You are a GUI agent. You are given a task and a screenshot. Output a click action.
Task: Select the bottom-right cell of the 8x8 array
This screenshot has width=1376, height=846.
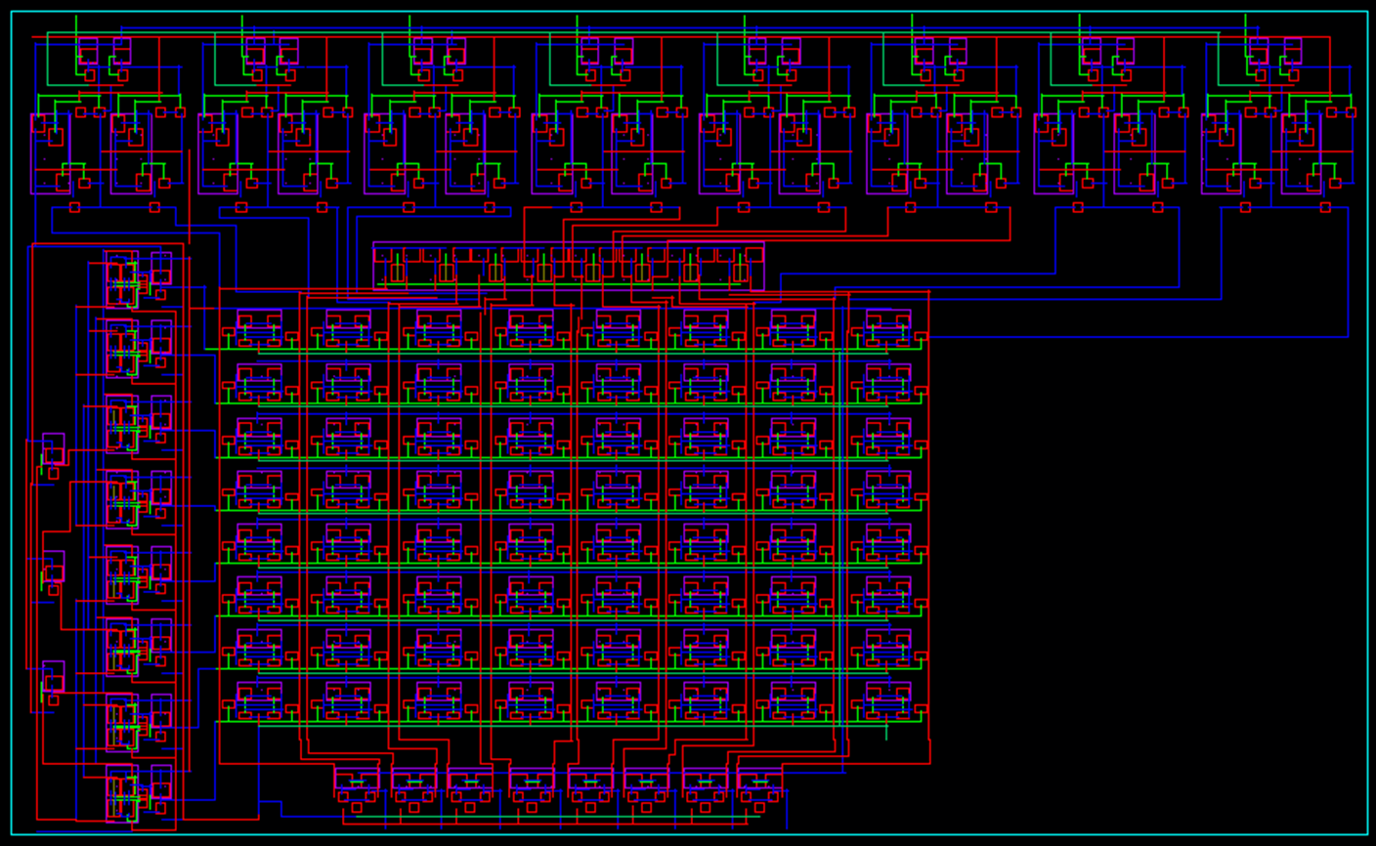coord(888,700)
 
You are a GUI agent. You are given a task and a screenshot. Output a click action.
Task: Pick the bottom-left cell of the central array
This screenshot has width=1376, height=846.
coord(259,700)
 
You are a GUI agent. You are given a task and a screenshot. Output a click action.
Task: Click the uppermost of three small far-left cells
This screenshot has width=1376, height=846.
coord(54,448)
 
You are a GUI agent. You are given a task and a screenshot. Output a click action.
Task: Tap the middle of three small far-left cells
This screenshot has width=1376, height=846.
coord(54,566)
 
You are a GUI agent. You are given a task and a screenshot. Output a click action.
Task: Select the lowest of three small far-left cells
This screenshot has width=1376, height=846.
coord(54,676)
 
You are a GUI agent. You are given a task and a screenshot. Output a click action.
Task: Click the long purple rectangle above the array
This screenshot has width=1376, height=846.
coord(568,266)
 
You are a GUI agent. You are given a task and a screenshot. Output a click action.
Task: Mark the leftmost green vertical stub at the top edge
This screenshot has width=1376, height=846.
coord(76,25)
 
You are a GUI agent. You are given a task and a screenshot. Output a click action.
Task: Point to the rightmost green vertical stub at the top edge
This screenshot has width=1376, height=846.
coord(1246,25)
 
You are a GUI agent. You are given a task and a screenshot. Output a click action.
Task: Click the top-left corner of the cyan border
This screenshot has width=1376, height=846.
coord(12,12)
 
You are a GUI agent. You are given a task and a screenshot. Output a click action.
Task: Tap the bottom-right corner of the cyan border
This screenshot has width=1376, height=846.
coord(1367,834)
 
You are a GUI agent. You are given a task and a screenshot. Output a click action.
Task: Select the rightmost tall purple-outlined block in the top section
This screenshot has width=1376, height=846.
coord(1302,153)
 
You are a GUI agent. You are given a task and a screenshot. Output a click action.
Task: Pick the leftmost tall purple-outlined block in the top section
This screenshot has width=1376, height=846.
coord(50,153)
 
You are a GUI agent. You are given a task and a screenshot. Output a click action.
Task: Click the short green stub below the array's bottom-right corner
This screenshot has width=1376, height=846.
coord(886,730)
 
